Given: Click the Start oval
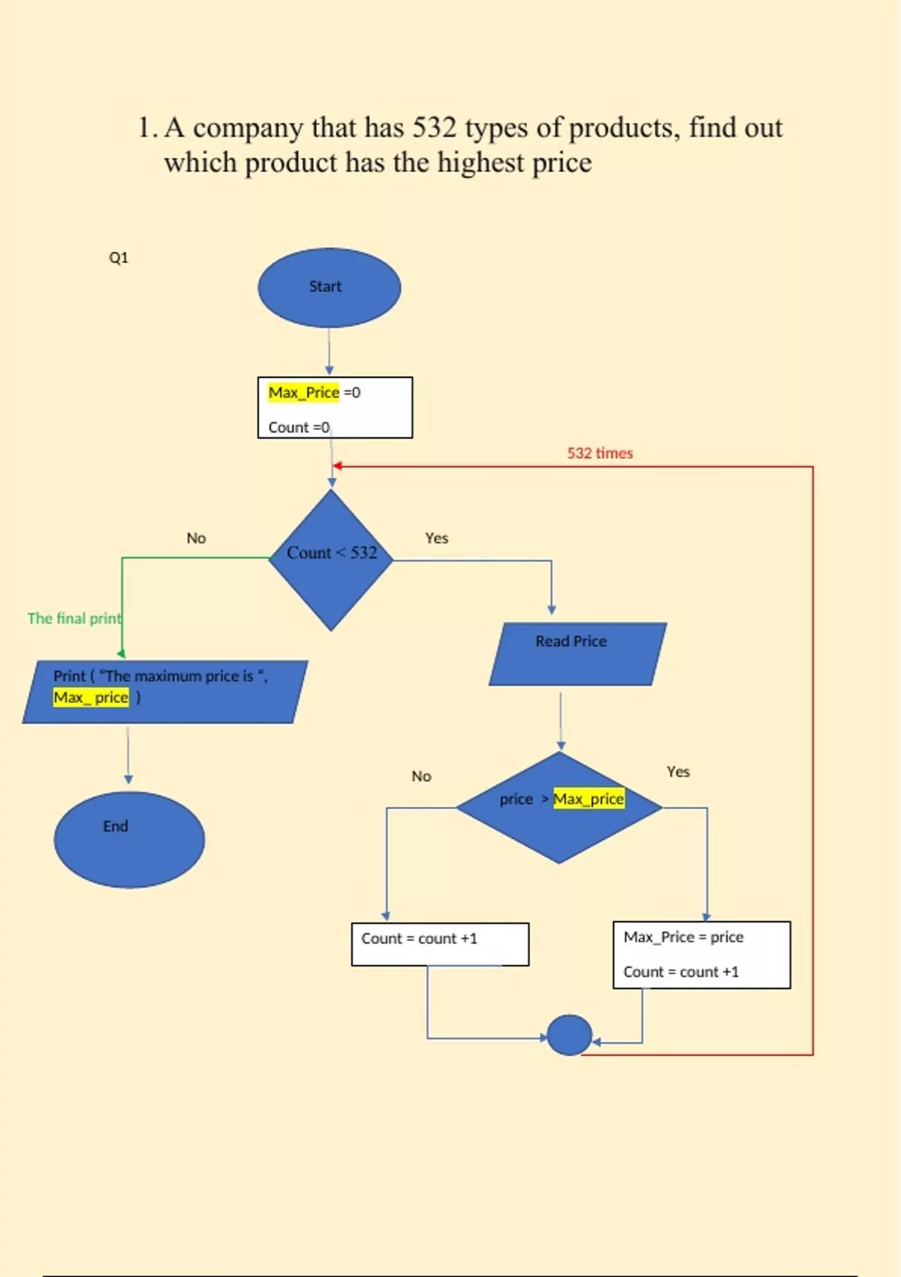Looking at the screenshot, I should [329, 288].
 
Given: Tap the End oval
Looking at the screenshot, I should [129, 839].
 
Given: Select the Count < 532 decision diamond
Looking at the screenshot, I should [331, 560].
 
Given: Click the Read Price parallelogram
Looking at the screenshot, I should [577, 653].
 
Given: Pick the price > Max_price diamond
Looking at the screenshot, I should [559, 808].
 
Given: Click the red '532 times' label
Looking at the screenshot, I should [600, 453].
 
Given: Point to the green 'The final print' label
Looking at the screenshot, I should [74, 618].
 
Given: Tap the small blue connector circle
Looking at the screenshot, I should [569, 1034].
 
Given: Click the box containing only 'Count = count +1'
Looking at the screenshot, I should [440, 944].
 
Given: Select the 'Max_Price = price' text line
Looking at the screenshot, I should [683, 937].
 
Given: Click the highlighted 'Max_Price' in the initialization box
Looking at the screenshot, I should [304, 392].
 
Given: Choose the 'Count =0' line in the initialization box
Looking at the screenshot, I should [299, 427].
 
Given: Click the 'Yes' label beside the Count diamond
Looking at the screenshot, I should [436, 538].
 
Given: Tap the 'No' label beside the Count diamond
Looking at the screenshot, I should [196, 538].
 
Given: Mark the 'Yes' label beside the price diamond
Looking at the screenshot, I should [678, 771].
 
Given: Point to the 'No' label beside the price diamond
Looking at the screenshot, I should [421, 776].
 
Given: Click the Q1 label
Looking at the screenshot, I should [119, 258].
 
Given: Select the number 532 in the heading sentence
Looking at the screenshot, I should [434, 128].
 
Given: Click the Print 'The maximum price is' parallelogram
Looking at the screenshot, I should [164, 692].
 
